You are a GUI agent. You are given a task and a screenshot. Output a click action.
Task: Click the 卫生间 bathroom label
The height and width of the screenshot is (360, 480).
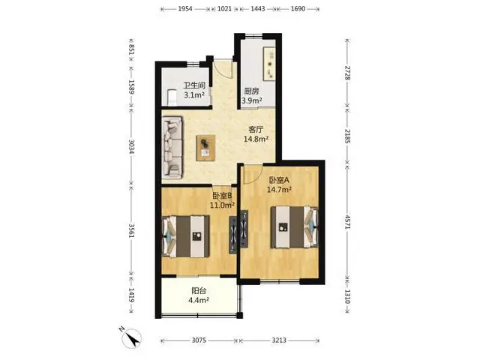[194, 85]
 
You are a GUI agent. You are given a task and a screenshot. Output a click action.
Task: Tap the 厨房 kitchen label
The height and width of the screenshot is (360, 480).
[252, 91]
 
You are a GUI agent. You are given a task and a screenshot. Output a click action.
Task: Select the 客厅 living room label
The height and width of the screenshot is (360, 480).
[256, 130]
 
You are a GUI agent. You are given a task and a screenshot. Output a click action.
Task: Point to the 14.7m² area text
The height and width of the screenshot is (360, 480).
[279, 190]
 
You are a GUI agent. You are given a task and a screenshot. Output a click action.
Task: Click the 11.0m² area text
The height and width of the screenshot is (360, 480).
[222, 205]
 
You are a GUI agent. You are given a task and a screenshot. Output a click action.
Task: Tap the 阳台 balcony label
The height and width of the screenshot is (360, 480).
[199, 290]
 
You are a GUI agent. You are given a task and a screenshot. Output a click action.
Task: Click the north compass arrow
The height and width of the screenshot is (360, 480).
[132, 338]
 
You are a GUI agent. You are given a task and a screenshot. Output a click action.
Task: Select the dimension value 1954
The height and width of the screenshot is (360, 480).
[185, 8]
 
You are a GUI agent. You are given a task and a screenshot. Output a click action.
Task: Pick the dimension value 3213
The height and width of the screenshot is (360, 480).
[279, 340]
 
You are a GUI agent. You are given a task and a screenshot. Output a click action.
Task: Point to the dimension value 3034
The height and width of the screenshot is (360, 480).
[132, 147]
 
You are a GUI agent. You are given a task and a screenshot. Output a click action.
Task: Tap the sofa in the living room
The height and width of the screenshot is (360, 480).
[172, 147]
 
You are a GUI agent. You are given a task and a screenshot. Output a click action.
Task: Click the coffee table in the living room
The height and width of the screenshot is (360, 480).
[205, 148]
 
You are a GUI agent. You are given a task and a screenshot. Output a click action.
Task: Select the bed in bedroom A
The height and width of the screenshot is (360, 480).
[294, 226]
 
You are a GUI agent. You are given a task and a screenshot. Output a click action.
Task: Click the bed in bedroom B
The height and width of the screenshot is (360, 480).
[186, 236]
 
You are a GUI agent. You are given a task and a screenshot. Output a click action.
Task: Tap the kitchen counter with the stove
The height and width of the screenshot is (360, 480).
[268, 64]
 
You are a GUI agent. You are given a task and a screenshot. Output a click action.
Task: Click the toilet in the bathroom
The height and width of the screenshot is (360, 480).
[172, 97]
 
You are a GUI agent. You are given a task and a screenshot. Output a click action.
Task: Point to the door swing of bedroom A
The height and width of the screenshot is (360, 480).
[253, 175]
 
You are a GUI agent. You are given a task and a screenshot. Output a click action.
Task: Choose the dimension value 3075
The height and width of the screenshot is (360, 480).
[199, 340]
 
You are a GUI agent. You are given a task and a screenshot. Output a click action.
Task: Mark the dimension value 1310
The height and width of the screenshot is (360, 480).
[348, 296]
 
